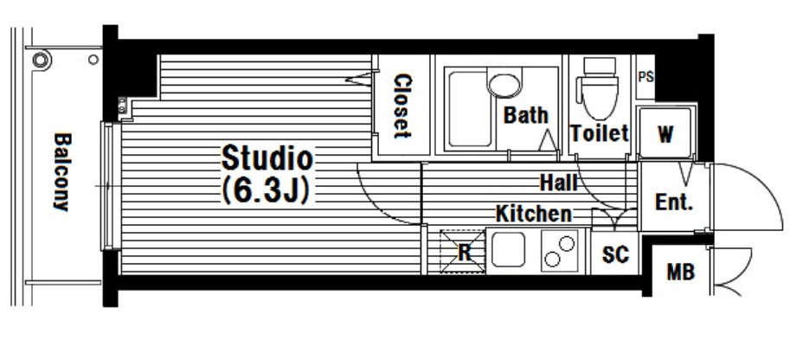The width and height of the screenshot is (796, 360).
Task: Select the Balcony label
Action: [62, 171]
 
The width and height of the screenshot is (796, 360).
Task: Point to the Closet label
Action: [402, 106]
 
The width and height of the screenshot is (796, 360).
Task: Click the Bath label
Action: [525, 115]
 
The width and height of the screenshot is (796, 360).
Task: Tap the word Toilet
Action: [600, 133]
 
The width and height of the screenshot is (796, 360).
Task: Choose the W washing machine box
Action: [665, 133]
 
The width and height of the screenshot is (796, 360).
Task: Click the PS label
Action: [645, 77]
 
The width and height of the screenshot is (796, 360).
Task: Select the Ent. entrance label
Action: [674, 202]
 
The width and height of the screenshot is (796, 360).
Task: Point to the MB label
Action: [680, 272]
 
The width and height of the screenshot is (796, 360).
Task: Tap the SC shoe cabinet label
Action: [615, 254]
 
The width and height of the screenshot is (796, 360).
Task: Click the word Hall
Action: [558, 183]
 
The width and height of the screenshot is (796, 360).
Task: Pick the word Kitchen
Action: [534, 214]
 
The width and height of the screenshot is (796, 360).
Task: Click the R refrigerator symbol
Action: [463, 251]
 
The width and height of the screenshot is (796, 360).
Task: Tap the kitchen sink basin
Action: [508, 249]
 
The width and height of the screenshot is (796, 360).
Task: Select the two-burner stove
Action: [560, 251]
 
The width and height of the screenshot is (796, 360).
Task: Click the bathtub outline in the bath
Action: [470, 109]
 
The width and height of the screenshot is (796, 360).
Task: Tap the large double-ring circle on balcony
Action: [42, 60]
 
